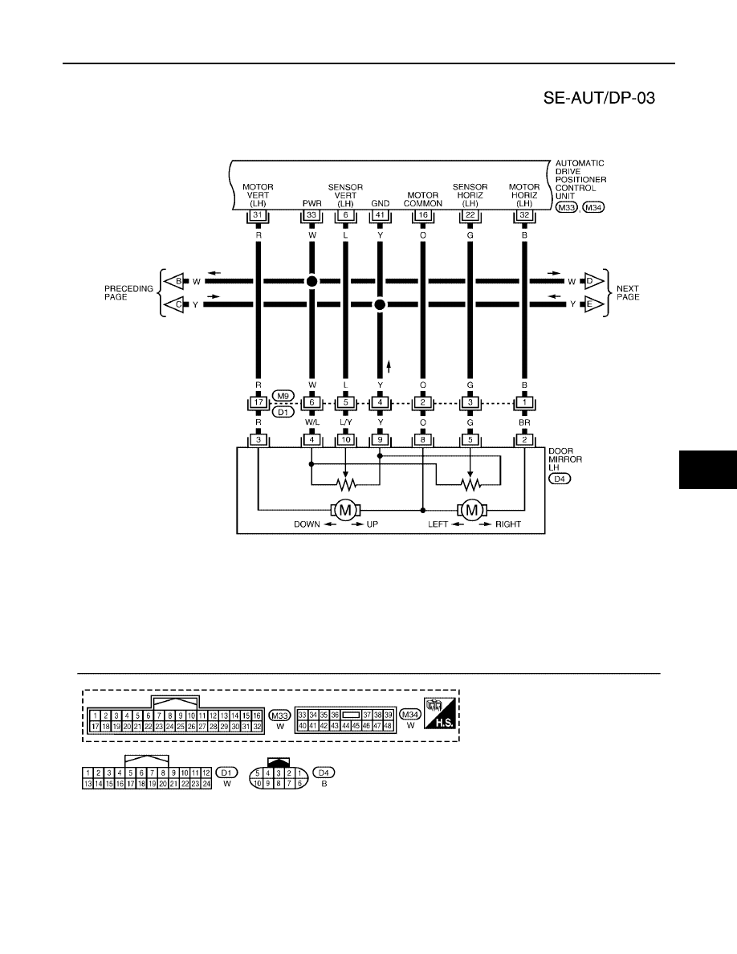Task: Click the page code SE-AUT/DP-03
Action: click(599, 98)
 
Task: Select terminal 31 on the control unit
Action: click(259, 215)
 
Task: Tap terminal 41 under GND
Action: click(380, 215)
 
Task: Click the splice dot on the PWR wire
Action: click(312, 281)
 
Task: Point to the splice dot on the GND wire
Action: click(380, 304)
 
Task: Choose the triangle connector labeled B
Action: click(175, 282)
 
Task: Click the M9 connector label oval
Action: click(282, 396)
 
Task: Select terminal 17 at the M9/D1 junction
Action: click(259, 403)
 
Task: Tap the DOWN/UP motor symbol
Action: click(345, 510)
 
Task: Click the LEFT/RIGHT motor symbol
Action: click(471, 510)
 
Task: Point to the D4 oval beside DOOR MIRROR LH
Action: click(560, 479)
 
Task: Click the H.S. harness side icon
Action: click(440, 713)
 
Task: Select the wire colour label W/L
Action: click(312, 422)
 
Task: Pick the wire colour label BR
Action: click(524, 422)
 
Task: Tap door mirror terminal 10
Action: click(345, 440)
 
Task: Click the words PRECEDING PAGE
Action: click(128, 292)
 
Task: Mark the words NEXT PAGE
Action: click(628, 292)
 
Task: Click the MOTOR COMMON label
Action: click(422, 200)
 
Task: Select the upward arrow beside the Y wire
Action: click(389, 366)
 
